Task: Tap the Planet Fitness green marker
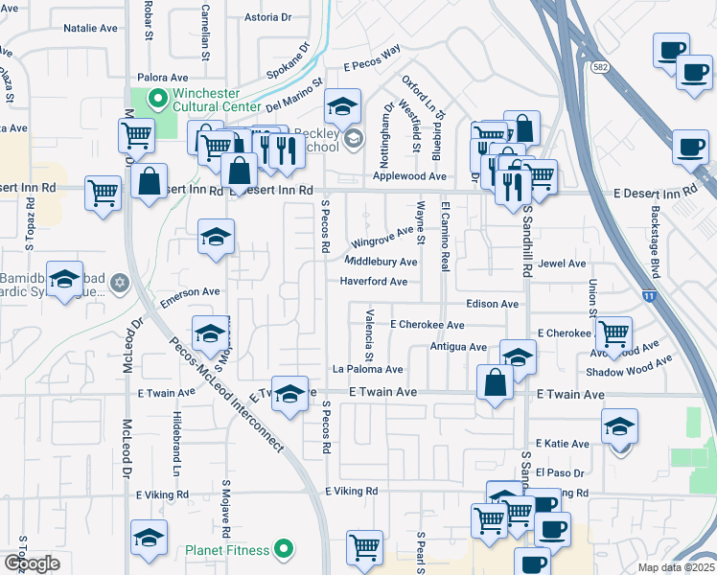pyautogui.click(x=283, y=550)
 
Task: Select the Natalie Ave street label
pyautogui.click(x=90, y=29)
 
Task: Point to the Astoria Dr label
pyautogui.click(x=266, y=17)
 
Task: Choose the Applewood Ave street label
pyautogui.click(x=410, y=176)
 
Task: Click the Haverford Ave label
pyautogui.click(x=374, y=282)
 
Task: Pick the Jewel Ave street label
pyautogui.click(x=562, y=264)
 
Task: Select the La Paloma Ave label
pyautogui.click(x=367, y=369)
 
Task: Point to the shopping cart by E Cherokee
pyautogui.click(x=613, y=334)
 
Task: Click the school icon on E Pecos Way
pyautogui.click(x=340, y=108)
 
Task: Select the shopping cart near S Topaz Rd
pyautogui.click(x=103, y=192)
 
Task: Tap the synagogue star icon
pyautogui.click(x=120, y=283)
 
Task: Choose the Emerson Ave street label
pyautogui.click(x=190, y=293)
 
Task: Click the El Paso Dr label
pyautogui.click(x=560, y=472)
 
